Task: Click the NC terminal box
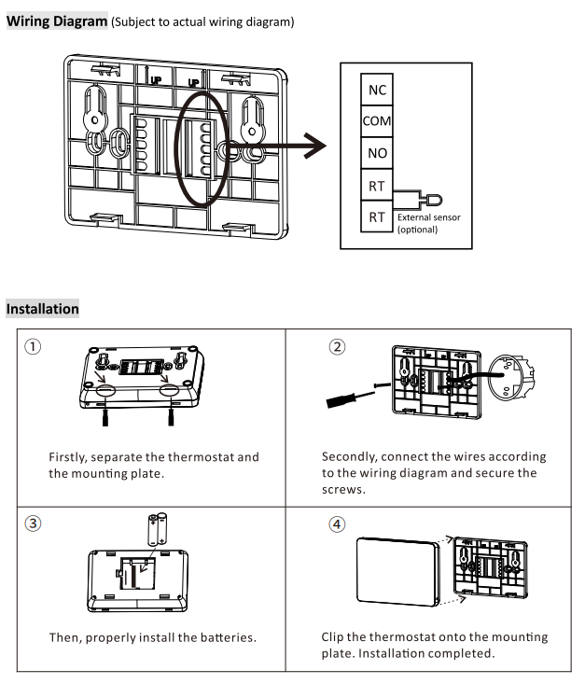point(377,90)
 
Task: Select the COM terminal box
point(377,120)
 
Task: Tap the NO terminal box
point(377,153)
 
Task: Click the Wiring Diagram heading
point(57,21)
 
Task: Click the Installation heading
point(42,309)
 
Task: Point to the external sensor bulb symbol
point(434,201)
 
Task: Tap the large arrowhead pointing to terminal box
point(315,146)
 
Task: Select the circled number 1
point(33,347)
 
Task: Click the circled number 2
point(337,347)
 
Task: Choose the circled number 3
point(33,523)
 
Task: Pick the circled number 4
point(337,523)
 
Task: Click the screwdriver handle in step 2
point(341,400)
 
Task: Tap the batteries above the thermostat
point(158,530)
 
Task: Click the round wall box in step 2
point(509,377)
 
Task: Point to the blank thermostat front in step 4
point(397,571)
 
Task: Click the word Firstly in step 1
point(68,457)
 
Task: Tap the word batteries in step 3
point(229,637)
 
